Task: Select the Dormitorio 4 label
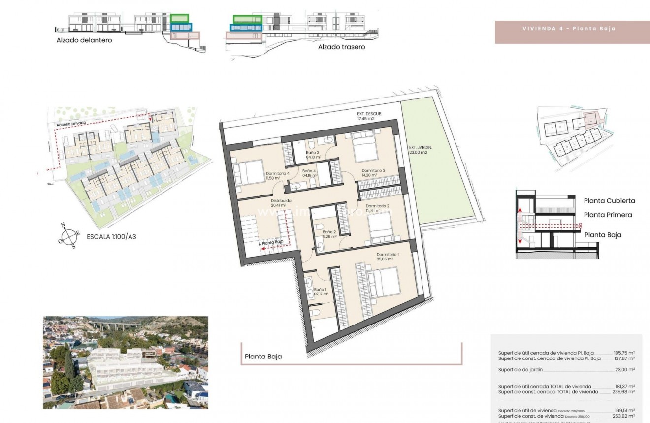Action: (x=278, y=174)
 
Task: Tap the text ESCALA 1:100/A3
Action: (x=111, y=237)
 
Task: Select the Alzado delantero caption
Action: (x=84, y=40)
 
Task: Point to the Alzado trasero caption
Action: (x=341, y=47)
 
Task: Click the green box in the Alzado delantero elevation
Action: (x=179, y=18)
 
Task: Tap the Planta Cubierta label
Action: (x=609, y=201)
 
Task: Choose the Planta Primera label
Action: (x=608, y=215)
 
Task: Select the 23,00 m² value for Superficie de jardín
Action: (x=625, y=369)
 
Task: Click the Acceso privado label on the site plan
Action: (x=71, y=123)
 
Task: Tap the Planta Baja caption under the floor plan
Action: (x=263, y=357)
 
